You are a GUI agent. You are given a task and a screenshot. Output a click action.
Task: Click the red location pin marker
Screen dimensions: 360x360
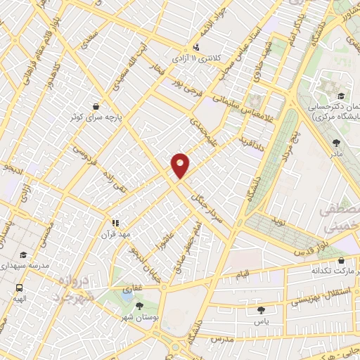coord(181,165)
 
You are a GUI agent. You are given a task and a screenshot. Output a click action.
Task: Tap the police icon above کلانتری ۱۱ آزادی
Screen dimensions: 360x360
coord(195,47)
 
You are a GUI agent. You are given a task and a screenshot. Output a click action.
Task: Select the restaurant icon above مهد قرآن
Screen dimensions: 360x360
coord(116,223)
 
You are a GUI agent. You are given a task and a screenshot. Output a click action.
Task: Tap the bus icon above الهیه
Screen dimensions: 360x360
coord(19,288)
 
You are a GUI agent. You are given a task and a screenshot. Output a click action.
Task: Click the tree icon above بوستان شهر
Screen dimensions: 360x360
coord(139,305)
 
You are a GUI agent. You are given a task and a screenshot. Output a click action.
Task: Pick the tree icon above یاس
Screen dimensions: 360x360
coord(262,309)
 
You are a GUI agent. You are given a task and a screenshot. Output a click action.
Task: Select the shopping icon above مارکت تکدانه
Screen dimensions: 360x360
coord(341,260)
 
